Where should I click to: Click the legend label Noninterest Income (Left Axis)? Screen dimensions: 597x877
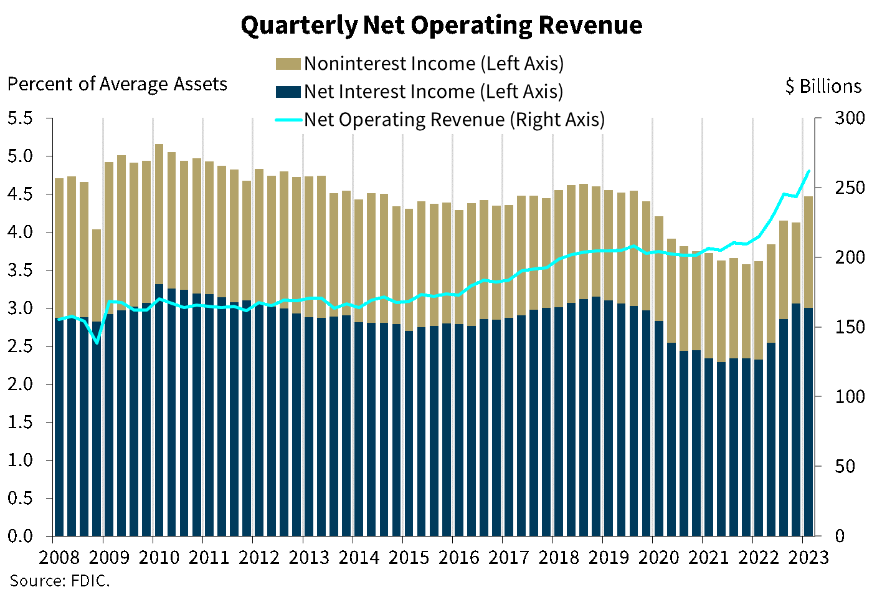[x=434, y=64]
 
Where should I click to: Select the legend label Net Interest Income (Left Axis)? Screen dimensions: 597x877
[x=434, y=92]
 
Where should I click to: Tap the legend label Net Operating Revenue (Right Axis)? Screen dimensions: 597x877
[x=454, y=120]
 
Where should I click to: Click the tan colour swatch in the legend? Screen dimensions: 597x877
[x=288, y=64]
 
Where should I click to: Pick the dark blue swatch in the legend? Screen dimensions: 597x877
[x=288, y=92]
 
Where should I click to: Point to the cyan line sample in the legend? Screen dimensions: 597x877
[x=288, y=120]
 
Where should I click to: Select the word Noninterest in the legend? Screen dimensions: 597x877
[x=355, y=64]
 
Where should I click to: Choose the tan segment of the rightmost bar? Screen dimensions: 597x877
[x=808, y=252]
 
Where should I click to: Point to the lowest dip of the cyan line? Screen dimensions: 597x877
[x=97, y=343]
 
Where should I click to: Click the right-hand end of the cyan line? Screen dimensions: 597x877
[x=808, y=171]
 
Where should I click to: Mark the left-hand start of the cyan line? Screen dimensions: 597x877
[x=59, y=319]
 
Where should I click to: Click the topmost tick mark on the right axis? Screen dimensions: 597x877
[x=818, y=118]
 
